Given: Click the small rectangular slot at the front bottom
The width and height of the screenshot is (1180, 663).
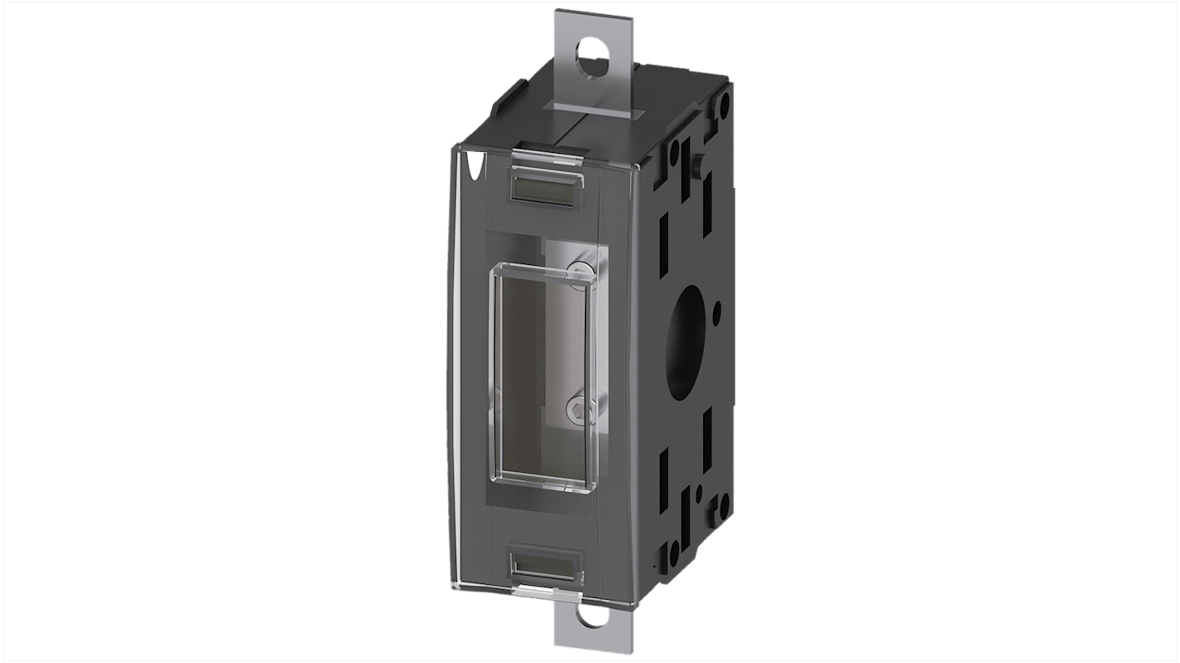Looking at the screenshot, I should pos(544,564).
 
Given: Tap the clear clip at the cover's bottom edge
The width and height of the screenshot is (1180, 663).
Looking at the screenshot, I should pos(540,592).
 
